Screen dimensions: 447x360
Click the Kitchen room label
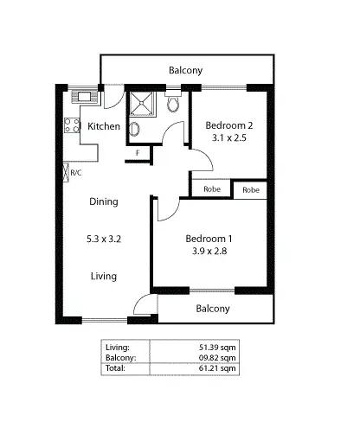point(105,127)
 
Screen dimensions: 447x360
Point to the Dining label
point(104,201)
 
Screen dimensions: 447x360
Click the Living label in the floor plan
point(104,276)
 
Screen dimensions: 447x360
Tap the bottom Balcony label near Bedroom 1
point(213,309)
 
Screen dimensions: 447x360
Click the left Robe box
point(211,189)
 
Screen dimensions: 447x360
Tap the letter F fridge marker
point(137,154)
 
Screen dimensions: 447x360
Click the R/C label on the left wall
point(76,173)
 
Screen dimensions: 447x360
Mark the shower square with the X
point(140,104)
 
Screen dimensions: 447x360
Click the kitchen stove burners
point(70,126)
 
